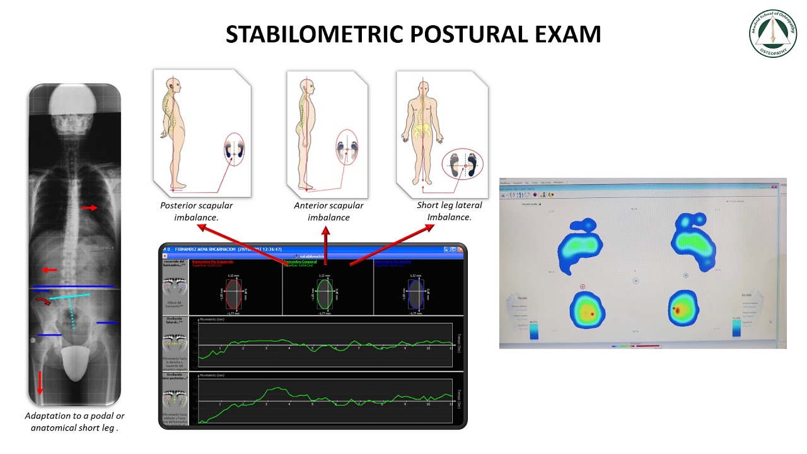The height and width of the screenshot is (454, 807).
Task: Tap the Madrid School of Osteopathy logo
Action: click(x=772, y=33)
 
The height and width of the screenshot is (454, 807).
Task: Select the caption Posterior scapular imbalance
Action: click(x=196, y=211)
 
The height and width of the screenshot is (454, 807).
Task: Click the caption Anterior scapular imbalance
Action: click(x=328, y=211)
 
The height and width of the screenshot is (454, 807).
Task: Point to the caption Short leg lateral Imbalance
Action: click(x=449, y=211)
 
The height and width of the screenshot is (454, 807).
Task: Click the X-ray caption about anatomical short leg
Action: click(x=74, y=421)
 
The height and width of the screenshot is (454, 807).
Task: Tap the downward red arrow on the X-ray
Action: click(x=40, y=381)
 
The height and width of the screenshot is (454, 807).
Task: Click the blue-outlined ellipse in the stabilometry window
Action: click(x=415, y=294)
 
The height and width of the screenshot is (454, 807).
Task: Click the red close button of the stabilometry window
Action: click(x=461, y=250)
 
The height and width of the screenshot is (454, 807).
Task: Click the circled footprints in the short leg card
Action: click(x=462, y=166)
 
